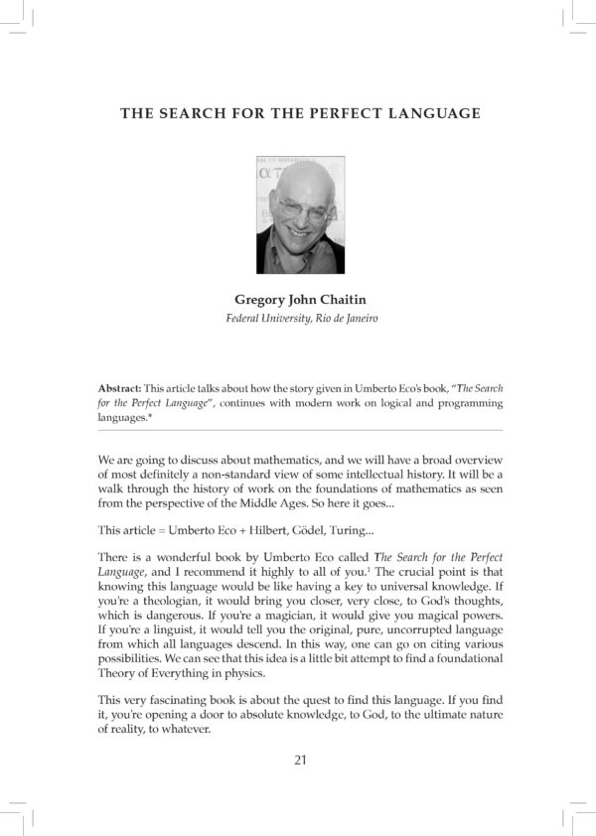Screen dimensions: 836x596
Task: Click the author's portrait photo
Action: pyautogui.click(x=300, y=213)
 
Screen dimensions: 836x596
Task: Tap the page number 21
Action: pyautogui.click(x=300, y=762)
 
